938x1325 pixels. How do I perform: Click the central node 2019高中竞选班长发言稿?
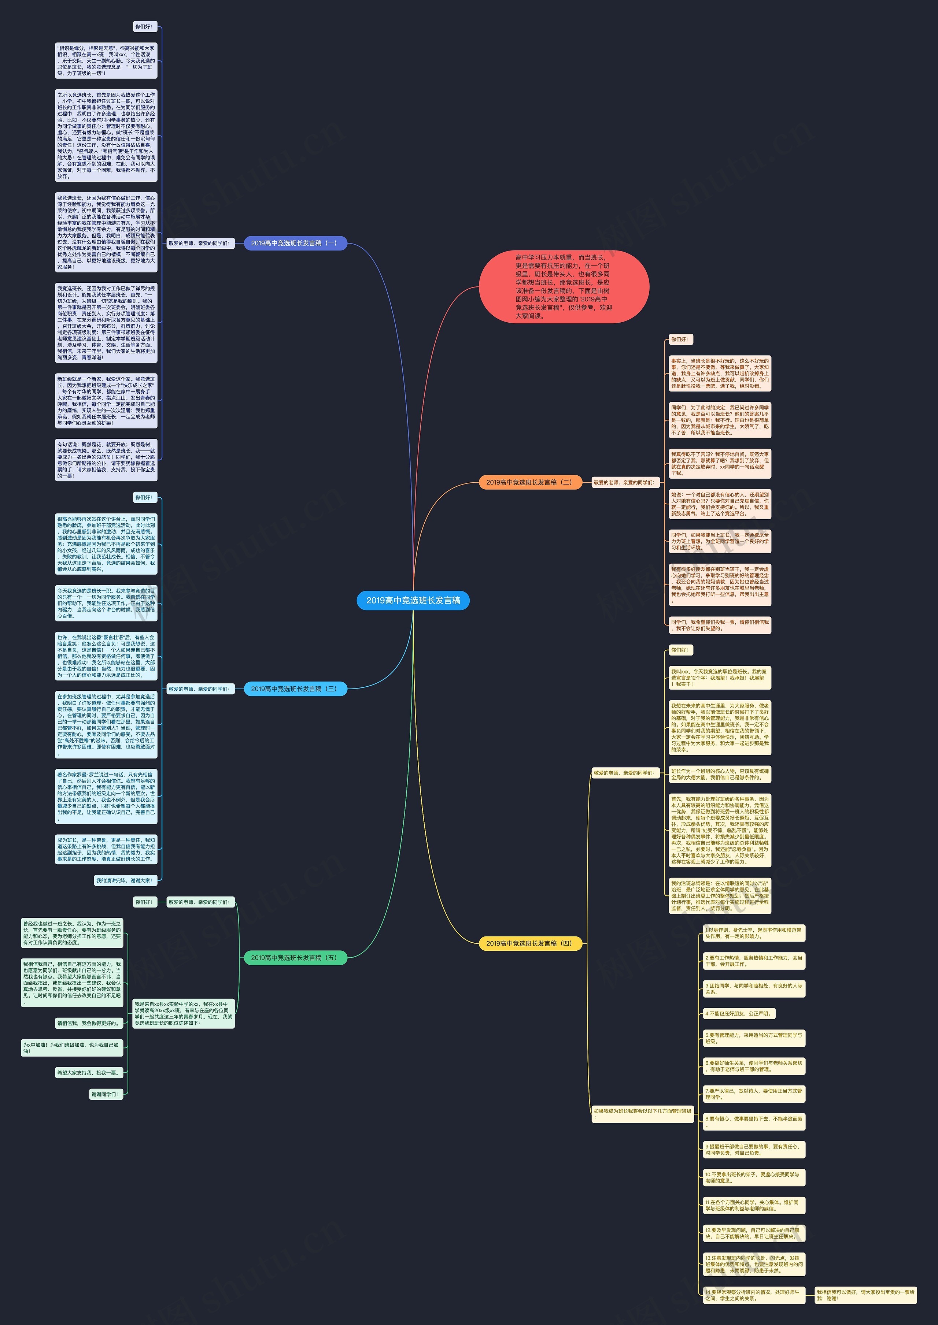pyautogui.click(x=413, y=601)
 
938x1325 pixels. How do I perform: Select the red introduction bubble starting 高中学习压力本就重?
pyautogui.click(x=564, y=286)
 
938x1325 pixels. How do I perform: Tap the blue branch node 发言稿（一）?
pyautogui.click(x=295, y=243)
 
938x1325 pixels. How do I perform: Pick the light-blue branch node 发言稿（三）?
pyautogui.click(x=295, y=689)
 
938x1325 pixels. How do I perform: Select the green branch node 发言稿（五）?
pyautogui.click(x=295, y=958)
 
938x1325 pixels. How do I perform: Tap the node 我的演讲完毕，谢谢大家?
pyautogui.click(x=125, y=880)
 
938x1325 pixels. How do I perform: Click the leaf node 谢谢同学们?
pyautogui.click(x=105, y=1094)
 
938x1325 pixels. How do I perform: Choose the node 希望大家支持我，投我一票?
pyautogui.click(x=89, y=1073)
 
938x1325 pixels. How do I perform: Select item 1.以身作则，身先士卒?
pyautogui.click(x=753, y=933)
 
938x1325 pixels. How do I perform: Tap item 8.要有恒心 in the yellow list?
pyautogui.click(x=753, y=1121)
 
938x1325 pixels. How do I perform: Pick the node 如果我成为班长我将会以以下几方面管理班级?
pyautogui.click(x=642, y=1114)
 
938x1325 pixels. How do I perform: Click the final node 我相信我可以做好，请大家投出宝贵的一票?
pyautogui.click(x=865, y=1295)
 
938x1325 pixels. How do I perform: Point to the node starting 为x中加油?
pyautogui.click(x=71, y=1048)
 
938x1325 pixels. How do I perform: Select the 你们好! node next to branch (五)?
pyautogui.click(x=143, y=902)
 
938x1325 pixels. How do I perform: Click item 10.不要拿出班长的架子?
pyautogui.click(x=753, y=1177)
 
